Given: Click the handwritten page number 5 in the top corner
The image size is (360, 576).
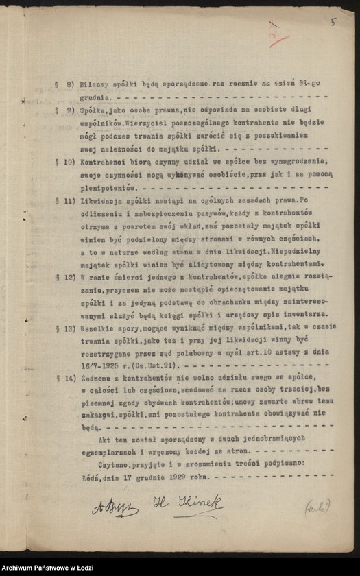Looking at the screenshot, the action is point(333,22).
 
